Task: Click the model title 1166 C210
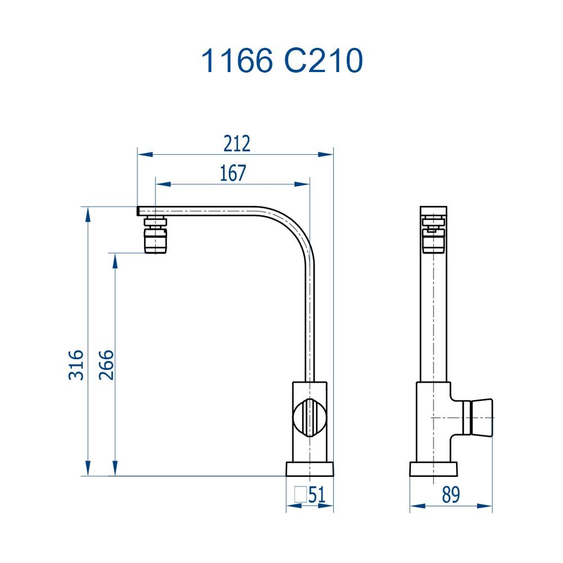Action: pos(281,61)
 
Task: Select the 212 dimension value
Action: pos(236,144)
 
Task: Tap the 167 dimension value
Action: pos(233,173)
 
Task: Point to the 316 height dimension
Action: pos(77,364)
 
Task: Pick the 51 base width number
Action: pos(317,495)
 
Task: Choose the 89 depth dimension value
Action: pos(450,495)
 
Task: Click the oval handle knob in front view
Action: pos(309,418)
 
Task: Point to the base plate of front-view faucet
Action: pos(310,468)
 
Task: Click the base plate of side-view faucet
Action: pos(433,468)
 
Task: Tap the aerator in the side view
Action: pos(434,236)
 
